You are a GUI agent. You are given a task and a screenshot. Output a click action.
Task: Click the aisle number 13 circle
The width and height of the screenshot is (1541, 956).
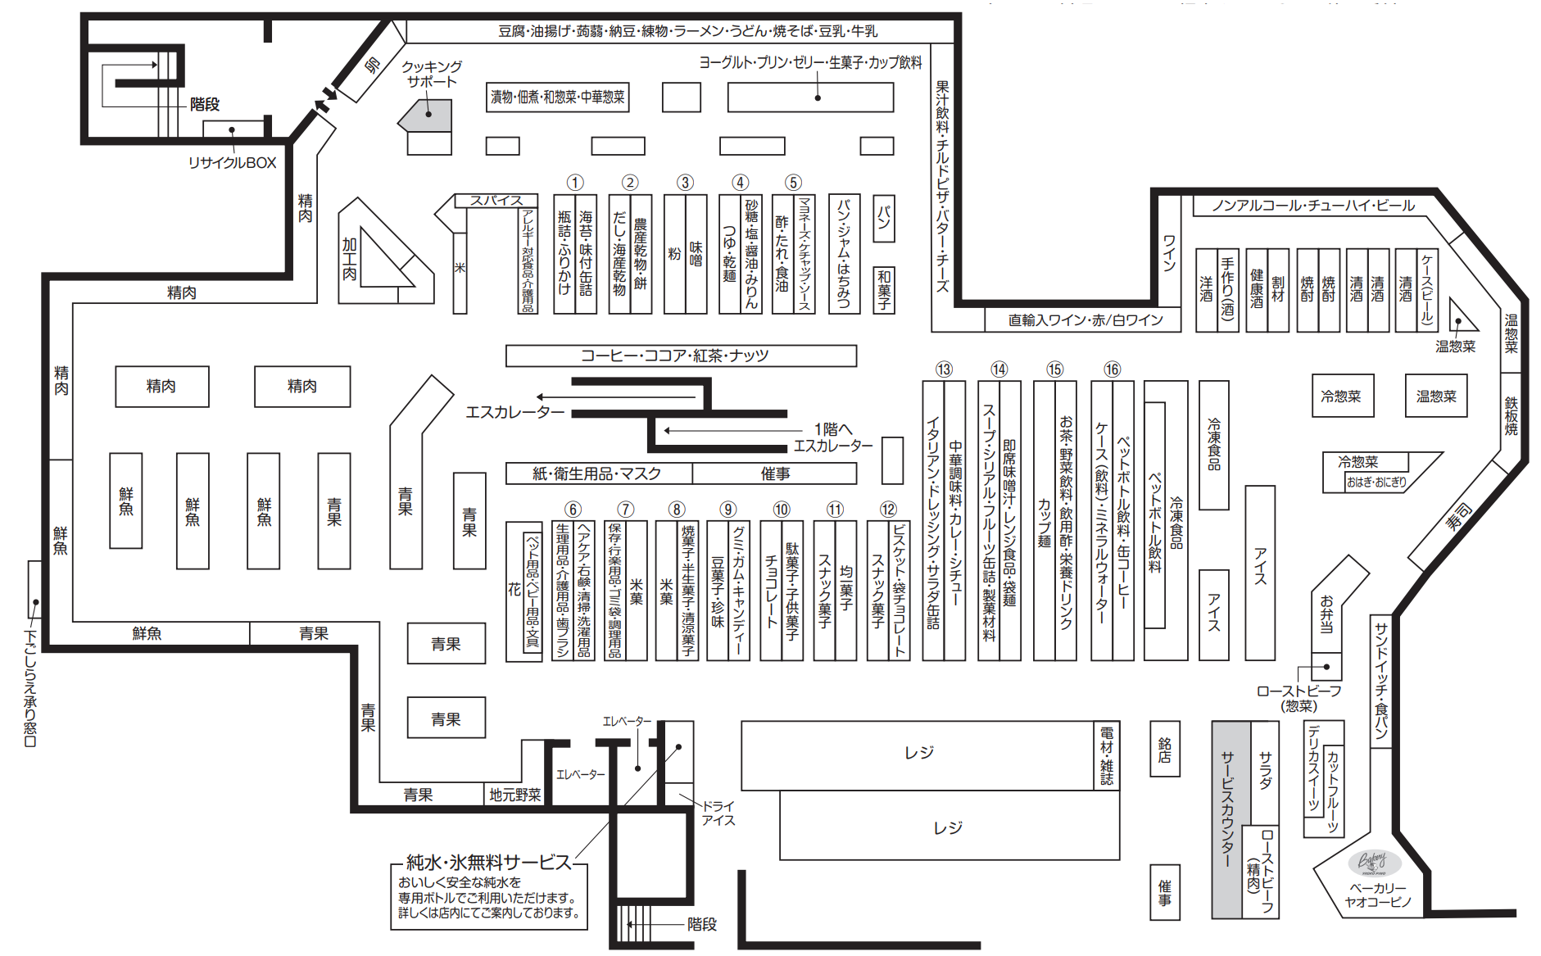pos(944,369)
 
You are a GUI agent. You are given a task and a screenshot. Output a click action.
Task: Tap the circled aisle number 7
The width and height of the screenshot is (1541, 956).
pos(625,510)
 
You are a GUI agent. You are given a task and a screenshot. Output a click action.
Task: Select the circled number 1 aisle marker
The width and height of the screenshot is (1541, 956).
pos(575,183)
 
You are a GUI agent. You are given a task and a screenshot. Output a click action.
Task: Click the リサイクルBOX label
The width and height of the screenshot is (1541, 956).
pos(233,163)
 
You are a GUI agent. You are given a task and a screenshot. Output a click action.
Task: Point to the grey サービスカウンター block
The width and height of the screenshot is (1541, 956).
pos(1231,819)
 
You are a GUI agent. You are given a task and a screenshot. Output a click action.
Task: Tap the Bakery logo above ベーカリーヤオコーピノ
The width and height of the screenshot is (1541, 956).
pos(1373,863)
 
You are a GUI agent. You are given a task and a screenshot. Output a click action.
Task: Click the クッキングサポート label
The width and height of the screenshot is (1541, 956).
pos(432,74)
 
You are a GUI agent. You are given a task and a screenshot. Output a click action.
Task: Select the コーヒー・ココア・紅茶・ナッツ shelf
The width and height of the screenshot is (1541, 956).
pos(681,356)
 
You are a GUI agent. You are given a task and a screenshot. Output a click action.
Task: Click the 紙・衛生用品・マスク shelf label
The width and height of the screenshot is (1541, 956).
pos(597,473)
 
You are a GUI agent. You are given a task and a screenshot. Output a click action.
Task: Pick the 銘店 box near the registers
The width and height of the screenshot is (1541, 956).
pos(1164,750)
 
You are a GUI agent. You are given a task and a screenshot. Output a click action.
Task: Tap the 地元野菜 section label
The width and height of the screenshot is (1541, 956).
pos(514,795)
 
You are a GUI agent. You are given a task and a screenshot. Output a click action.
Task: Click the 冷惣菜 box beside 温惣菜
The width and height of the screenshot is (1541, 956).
pos(1341,396)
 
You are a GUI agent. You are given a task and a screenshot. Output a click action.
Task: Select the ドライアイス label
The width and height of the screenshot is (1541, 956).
pos(718,813)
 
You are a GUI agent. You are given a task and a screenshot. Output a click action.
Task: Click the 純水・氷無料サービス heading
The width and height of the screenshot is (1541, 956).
pos(489,862)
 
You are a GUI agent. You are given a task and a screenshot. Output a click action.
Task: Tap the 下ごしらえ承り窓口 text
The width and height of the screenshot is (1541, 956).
pos(30,688)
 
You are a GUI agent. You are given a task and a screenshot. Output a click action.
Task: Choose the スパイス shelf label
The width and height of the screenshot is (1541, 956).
pos(496,200)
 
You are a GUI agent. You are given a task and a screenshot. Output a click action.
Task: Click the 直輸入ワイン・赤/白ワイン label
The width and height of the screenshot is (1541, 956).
pos(1085,319)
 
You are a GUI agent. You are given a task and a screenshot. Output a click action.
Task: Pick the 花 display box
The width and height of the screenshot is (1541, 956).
pos(514,590)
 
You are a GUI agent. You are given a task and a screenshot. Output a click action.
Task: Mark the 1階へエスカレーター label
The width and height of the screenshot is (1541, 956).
pos(833,437)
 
